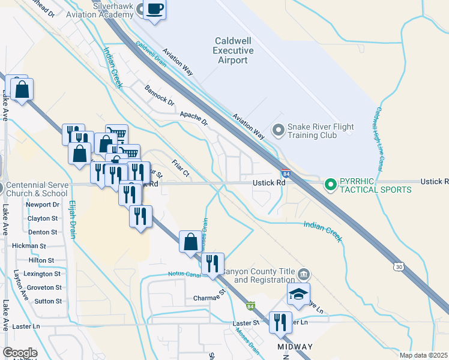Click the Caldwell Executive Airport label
231,50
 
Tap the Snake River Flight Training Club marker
278,130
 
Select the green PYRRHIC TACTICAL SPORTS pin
330,184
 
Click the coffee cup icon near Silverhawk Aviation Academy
155,9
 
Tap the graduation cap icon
298,295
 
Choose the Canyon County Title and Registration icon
304,275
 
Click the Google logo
20,353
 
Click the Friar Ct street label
180,167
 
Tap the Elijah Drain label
73,219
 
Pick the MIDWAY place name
295,347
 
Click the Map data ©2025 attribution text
424,355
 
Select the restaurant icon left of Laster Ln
280,323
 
